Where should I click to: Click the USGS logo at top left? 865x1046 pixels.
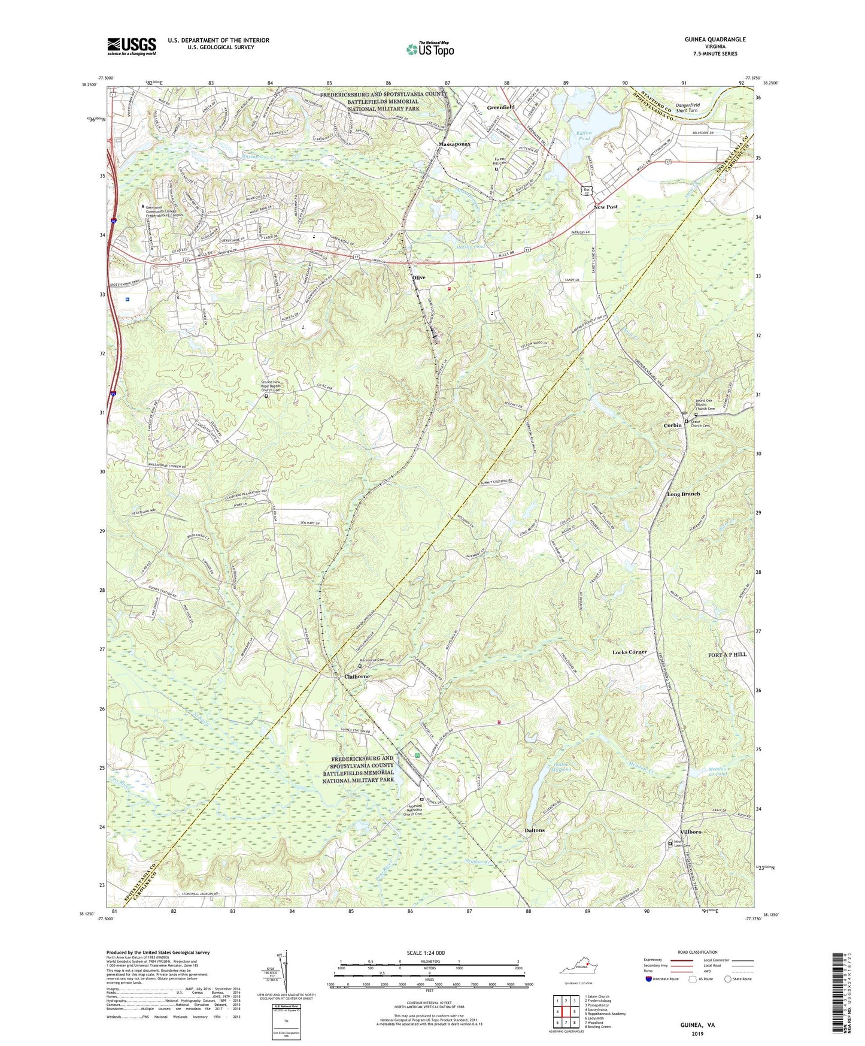coord(132,46)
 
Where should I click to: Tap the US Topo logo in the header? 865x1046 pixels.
coord(429,49)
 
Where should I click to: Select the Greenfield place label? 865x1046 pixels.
coord(500,107)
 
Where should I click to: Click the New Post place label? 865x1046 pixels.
coord(605,207)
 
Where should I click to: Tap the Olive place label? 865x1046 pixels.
coord(418,278)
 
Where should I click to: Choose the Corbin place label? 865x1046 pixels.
coord(672,425)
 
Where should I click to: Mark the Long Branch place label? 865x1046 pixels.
coord(683,494)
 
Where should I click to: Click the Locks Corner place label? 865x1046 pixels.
coord(629,652)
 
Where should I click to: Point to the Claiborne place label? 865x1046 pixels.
coord(358,676)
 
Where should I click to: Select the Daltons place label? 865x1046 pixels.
coord(534,830)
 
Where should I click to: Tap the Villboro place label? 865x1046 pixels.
coord(691,833)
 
